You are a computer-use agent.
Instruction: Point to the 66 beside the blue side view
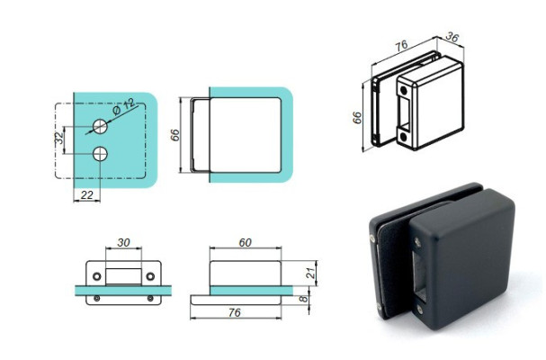pyautogui.click(x=176, y=134)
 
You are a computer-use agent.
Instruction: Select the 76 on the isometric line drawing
pyautogui.click(x=402, y=47)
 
